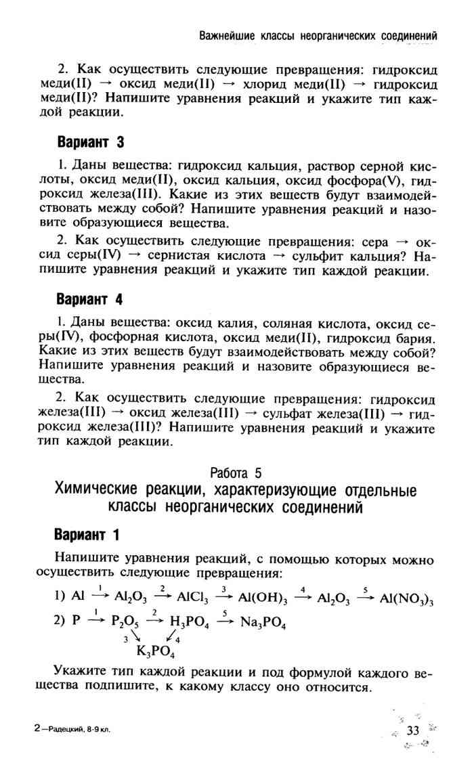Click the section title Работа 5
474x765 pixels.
[x=235, y=473]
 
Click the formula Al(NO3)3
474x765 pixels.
[x=406, y=598]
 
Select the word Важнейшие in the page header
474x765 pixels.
[x=227, y=35]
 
